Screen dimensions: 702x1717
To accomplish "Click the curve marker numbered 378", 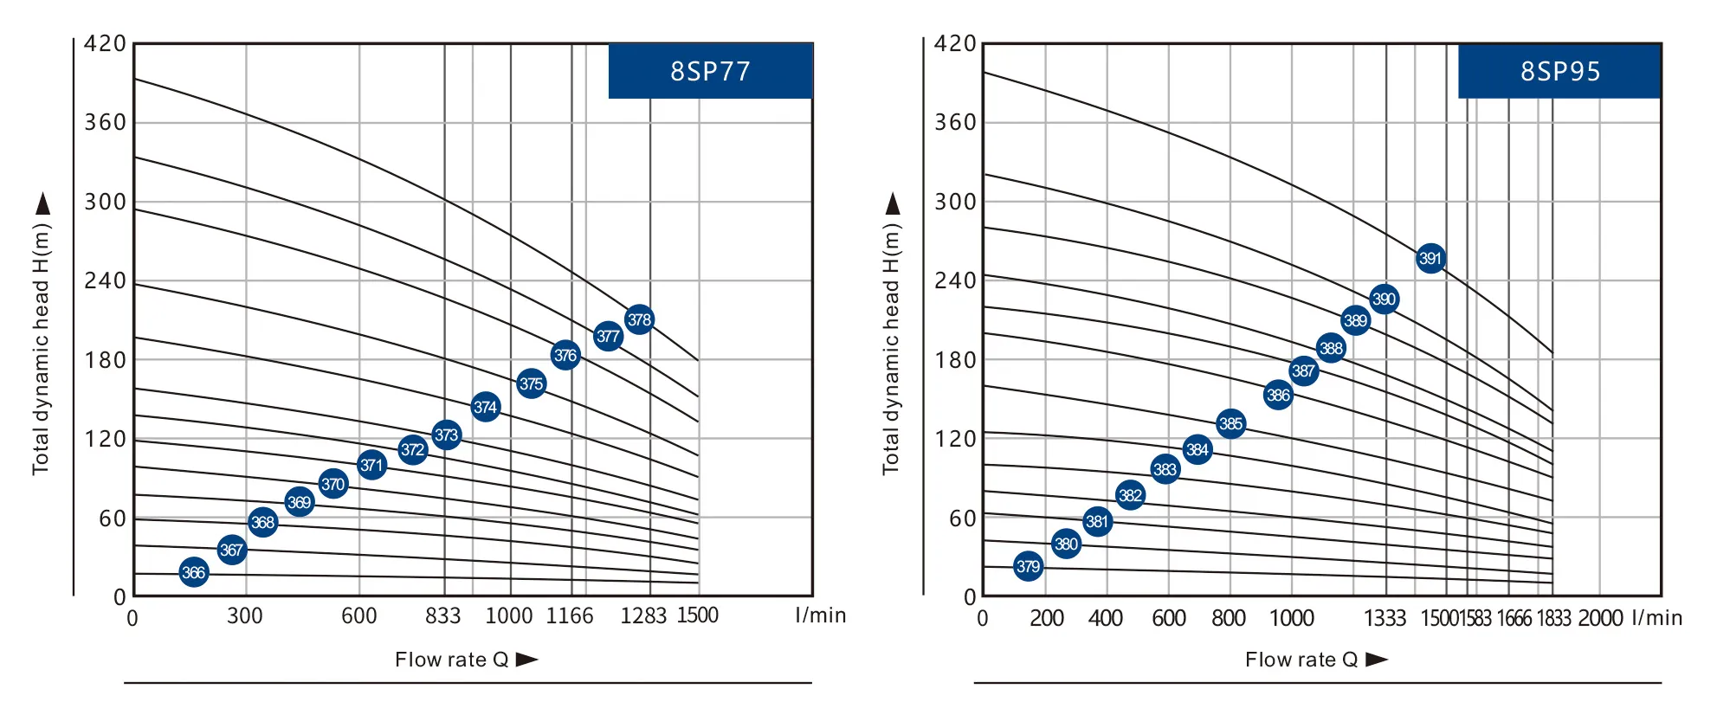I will pos(639,319).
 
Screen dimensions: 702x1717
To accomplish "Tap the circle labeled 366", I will pos(194,572).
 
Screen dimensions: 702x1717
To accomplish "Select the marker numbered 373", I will pos(446,435).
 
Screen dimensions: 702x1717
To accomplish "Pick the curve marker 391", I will pos(1430,258).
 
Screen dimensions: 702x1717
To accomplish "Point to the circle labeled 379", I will pos(1028,566).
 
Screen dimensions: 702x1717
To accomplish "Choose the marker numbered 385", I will pos(1230,423).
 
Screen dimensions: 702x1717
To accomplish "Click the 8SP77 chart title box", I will pos(710,71).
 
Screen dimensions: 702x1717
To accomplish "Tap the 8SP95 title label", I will pos(1559,71).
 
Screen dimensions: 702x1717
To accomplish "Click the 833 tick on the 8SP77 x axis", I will pos(442,615).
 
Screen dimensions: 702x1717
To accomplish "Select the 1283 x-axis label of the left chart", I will pos(643,615).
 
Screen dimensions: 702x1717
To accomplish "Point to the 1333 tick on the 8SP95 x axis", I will pos(1385,618).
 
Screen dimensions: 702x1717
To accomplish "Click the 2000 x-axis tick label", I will pos(1600,618).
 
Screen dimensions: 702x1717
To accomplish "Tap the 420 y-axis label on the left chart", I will pos(106,43).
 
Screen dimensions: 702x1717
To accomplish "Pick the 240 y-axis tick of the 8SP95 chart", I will pos(955,280).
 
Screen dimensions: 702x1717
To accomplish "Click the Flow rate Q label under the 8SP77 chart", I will pos(451,660).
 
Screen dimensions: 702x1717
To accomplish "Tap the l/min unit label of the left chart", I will pos(820,615).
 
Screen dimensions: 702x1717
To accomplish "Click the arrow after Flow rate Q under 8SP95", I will pos(1377,660).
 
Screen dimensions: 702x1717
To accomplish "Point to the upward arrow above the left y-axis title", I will pos(42,204).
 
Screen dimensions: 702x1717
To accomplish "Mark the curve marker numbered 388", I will pos(1330,348).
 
